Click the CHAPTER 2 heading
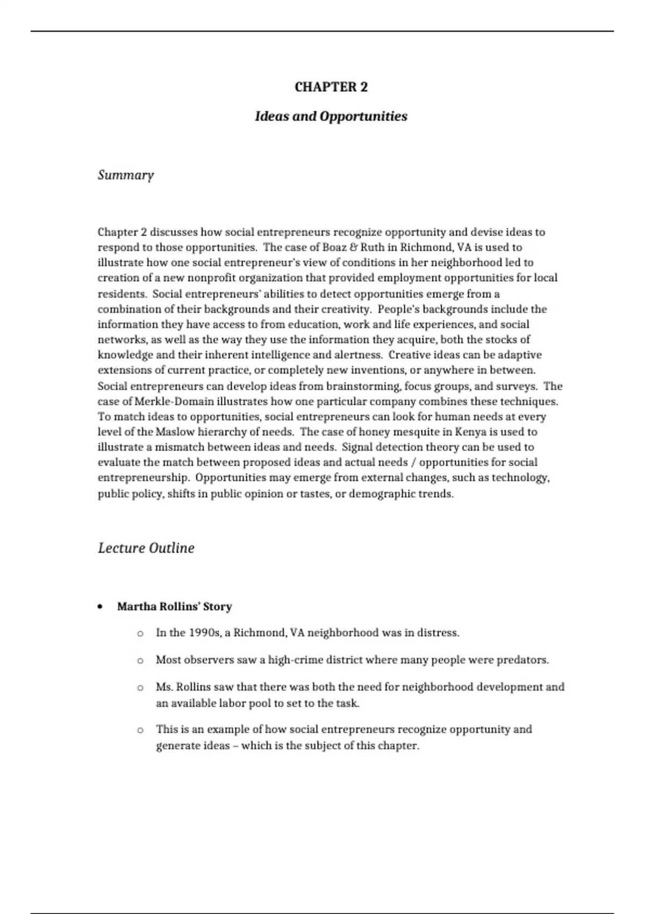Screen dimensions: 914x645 pyautogui.click(x=331, y=87)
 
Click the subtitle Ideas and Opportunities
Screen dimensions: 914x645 pyautogui.click(x=331, y=116)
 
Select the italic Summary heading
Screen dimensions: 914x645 pyautogui.click(x=126, y=175)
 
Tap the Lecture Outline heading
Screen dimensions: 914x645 pyautogui.click(x=146, y=548)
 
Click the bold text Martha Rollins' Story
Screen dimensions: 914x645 pyautogui.click(x=174, y=606)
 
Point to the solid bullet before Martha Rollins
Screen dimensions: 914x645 pyautogui.click(x=101, y=607)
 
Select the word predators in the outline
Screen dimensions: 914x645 pyautogui.click(x=525, y=660)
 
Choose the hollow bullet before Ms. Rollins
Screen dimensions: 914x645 pyautogui.click(x=140, y=687)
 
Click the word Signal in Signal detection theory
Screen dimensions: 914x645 pyautogui.click(x=357, y=447)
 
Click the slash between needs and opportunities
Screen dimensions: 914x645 pyautogui.click(x=414, y=462)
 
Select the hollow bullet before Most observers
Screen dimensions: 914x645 pyautogui.click(x=140, y=660)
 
